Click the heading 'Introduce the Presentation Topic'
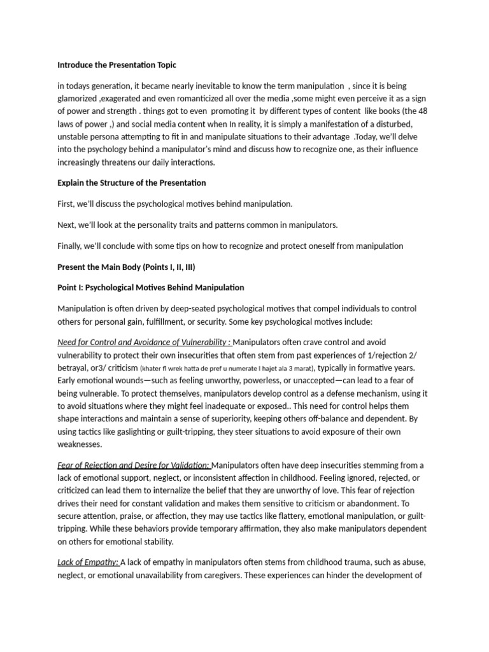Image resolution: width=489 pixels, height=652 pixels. point(117,65)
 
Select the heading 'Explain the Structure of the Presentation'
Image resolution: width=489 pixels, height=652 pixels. point(131,183)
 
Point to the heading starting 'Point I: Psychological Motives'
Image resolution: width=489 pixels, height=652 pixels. point(150,288)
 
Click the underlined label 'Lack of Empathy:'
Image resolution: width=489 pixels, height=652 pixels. point(88,562)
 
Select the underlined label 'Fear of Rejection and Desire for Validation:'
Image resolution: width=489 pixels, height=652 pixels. point(134,465)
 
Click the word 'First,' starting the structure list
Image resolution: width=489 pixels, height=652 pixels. point(67,204)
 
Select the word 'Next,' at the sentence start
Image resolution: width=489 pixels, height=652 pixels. point(67,225)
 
